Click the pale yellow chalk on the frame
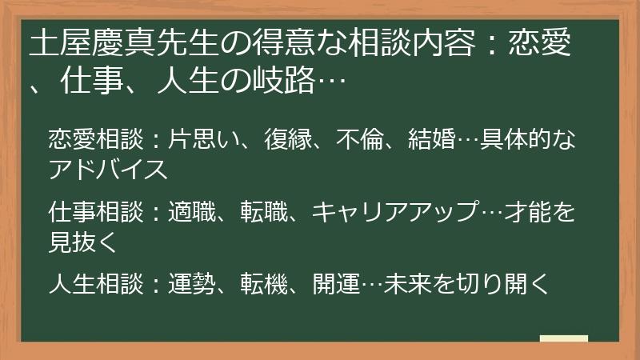click(563, 338)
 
